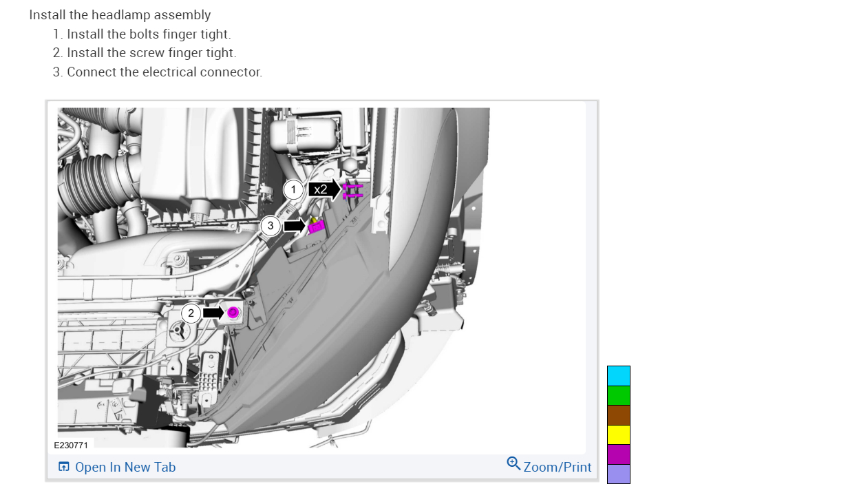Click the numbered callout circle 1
293,189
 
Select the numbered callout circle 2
191,313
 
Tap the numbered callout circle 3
271,226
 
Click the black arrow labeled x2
324,189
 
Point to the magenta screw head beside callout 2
233,313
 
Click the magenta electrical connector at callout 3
317,227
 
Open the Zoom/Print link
558,467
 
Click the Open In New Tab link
125,467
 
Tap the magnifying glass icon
513,463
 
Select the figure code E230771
71,445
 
